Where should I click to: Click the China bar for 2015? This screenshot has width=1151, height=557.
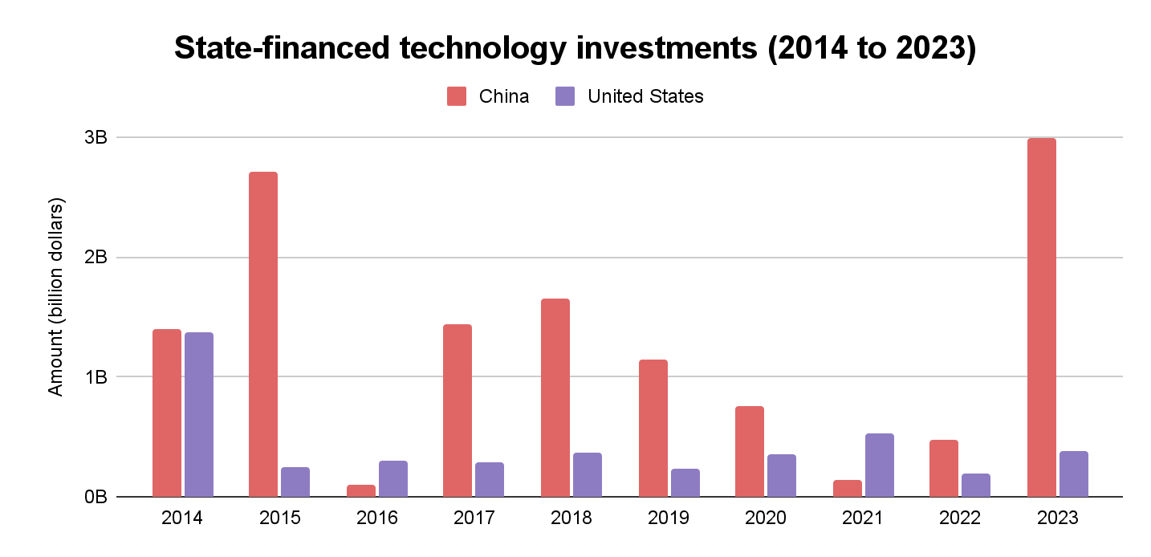(x=263, y=334)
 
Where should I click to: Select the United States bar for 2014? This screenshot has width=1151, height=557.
(x=199, y=414)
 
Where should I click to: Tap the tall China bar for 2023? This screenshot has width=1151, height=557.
(x=1041, y=317)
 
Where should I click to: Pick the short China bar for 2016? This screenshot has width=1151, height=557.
(x=360, y=490)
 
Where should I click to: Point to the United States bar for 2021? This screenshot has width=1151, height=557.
(x=879, y=465)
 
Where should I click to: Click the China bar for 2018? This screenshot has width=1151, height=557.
(x=555, y=397)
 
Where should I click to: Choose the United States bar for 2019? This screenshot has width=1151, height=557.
(x=685, y=482)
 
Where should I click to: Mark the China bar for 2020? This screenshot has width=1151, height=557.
(x=750, y=451)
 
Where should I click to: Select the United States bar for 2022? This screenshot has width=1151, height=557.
(x=976, y=485)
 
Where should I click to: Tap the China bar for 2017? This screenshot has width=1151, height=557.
(x=458, y=410)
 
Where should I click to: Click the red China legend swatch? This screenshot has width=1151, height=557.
(x=457, y=97)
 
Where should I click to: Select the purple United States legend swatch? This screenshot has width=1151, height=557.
(x=565, y=97)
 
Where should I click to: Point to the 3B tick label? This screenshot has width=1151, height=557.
(x=96, y=137)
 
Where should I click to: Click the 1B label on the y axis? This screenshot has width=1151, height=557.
(x=96, y=376)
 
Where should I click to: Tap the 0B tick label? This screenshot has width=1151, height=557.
(x=96, y=497)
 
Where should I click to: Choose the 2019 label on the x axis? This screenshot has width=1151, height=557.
(x=669, y=518)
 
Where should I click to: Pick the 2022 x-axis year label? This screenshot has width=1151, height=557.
(x=960, y=518)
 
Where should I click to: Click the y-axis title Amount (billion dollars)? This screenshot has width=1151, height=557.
(x=55, y=296)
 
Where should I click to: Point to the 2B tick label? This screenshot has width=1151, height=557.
(x=96, y=258)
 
